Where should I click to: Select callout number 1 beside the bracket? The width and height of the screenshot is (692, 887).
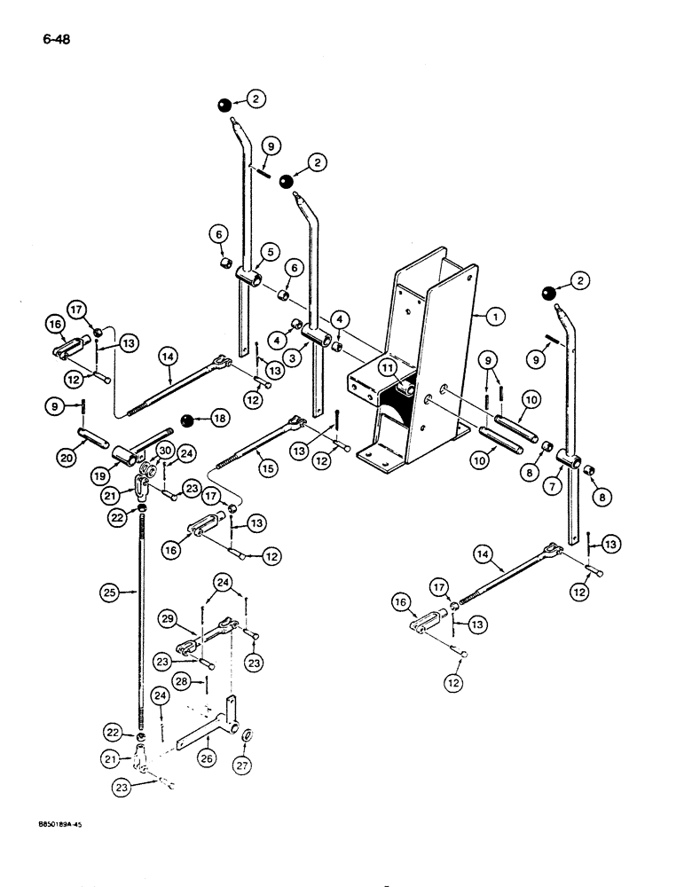click(494, 314)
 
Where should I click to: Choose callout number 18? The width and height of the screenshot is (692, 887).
click(216, 416)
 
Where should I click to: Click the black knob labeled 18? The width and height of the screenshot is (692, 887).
click(187, 419)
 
